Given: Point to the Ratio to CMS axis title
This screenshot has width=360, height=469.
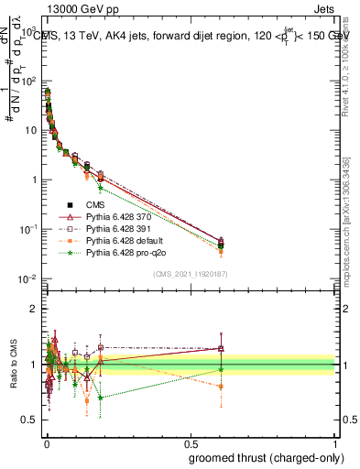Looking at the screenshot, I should [12, 365].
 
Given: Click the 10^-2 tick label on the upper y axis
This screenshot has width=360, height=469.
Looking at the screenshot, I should [27, 278].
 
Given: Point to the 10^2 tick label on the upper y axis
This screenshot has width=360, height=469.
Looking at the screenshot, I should [28, 81].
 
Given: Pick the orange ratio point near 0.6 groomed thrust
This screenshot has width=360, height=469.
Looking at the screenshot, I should [220, 387].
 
